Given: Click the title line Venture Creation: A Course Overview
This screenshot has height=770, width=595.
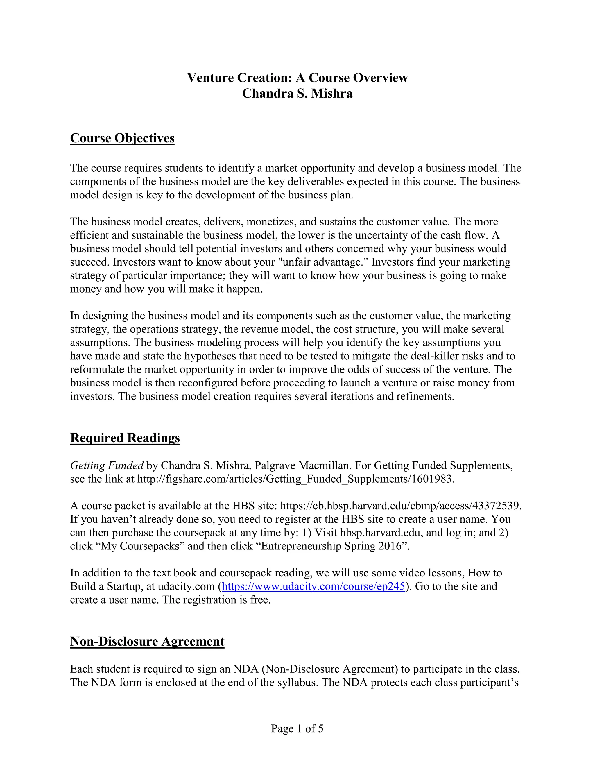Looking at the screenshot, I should pos(297,78).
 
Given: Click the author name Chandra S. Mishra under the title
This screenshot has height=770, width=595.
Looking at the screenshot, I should pos(297,94).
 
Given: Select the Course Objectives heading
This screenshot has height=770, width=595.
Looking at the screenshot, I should pos(122,138).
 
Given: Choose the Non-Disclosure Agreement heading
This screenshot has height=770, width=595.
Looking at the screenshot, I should pos(147,641).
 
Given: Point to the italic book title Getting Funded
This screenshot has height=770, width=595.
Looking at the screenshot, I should pos(106,466).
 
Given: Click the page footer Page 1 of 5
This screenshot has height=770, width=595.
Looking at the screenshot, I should pos(297,729).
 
